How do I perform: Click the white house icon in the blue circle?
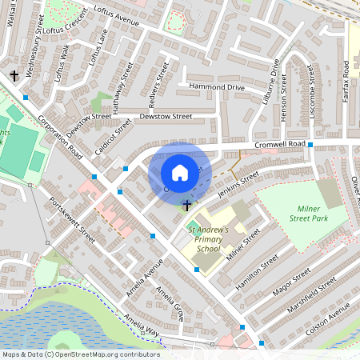180,173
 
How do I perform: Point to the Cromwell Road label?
282,144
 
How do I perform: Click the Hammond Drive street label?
216,86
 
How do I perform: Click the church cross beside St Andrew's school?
187,206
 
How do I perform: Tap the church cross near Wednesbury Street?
14,77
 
